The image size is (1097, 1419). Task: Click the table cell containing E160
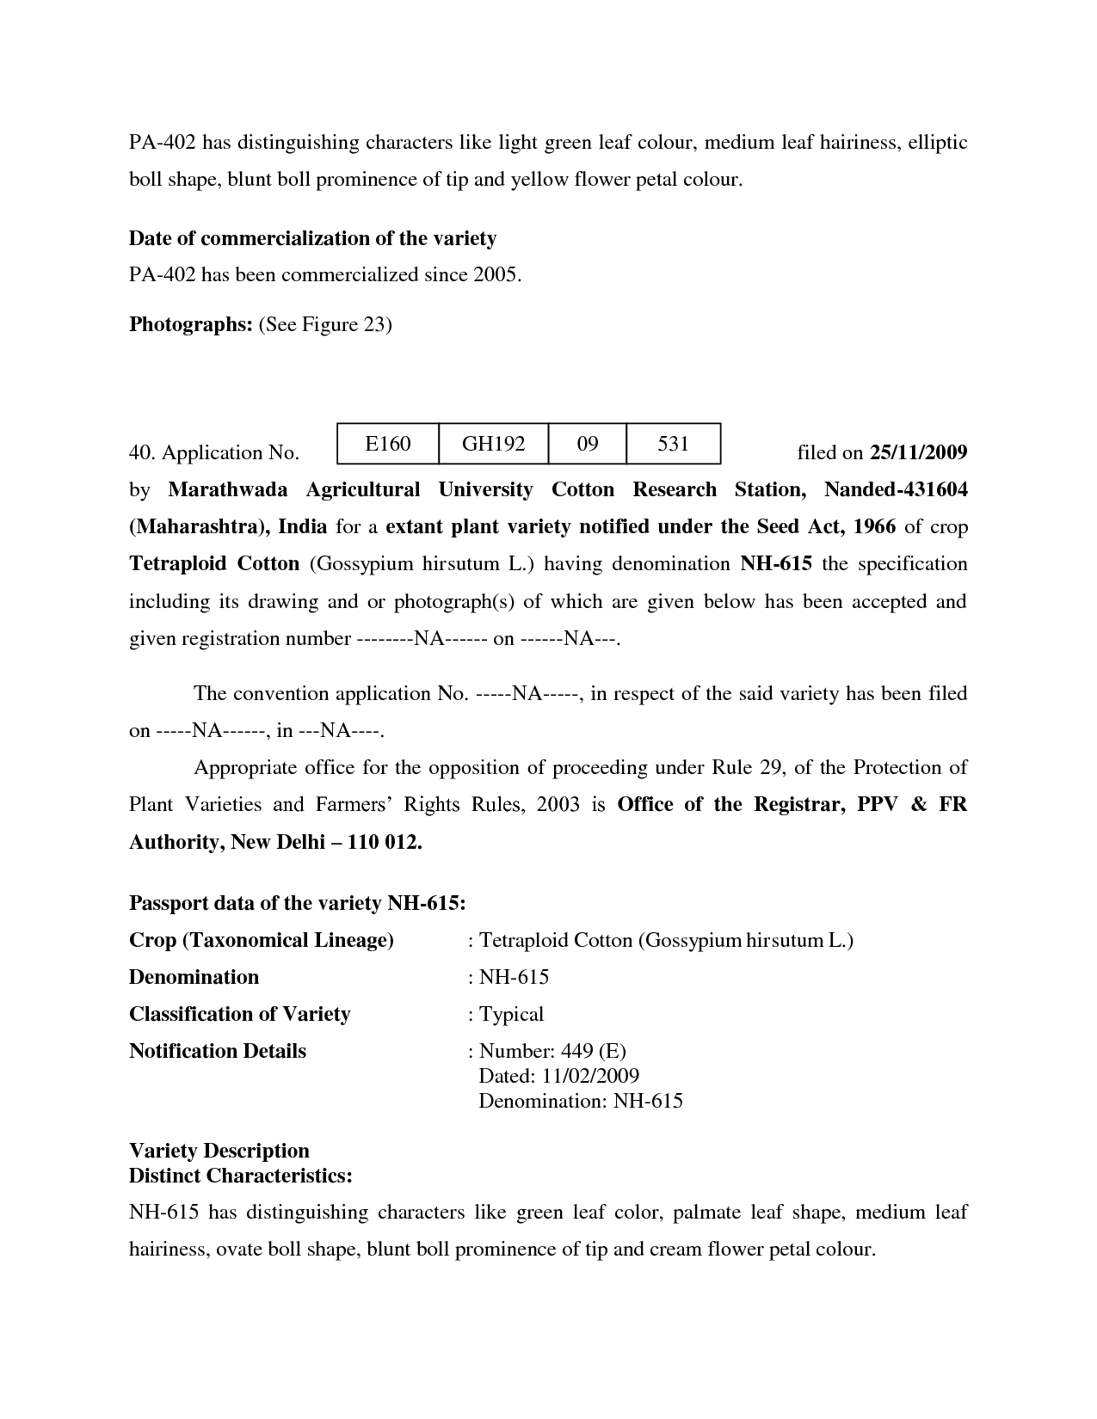tap(388, 444)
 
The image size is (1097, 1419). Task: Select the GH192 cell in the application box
tap(493, 444)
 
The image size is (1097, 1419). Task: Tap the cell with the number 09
tap(588, 444)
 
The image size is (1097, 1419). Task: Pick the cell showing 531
tap(673, 444)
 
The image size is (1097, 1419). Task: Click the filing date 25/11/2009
tap(919, 452)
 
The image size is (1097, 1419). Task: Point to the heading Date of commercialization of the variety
tap(312, 238)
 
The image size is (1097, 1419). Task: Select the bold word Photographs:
tap(190, 324)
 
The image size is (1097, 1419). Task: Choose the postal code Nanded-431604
tap(896, 489)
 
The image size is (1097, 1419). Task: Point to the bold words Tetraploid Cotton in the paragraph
tap(214, 564)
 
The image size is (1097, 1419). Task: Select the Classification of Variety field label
tap(239, 1014)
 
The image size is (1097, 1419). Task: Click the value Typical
tap(511, 1014)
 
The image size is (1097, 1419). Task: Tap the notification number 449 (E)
tap(593, 1051)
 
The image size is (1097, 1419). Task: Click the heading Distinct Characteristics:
tap(241, 1176)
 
